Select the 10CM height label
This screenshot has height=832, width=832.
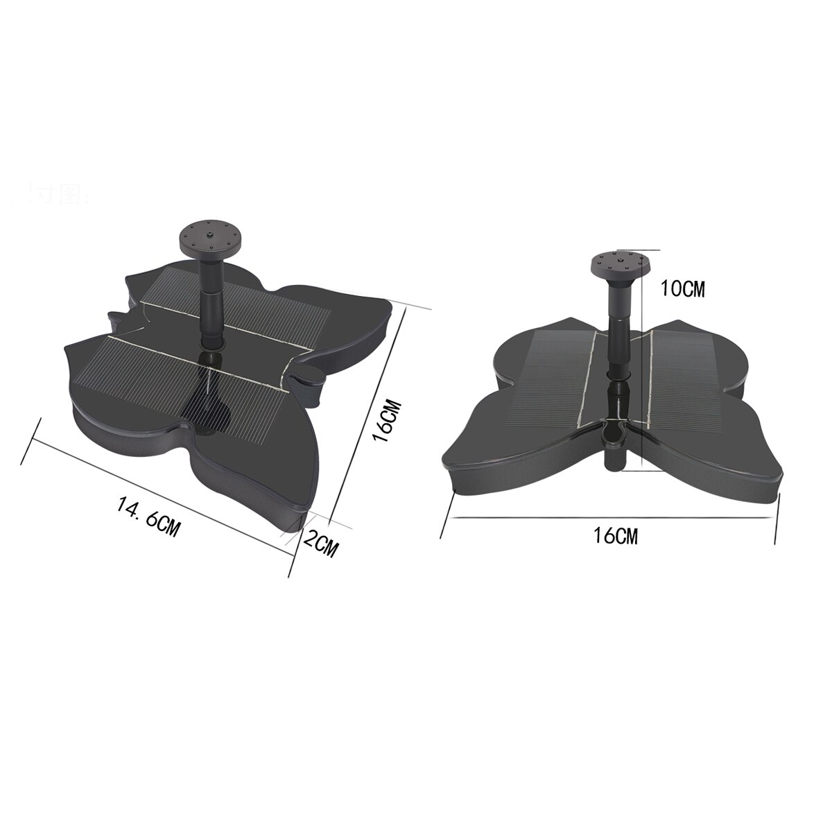[682, 289]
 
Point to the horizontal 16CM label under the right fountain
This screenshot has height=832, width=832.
[615, 536]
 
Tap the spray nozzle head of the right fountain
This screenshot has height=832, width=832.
[619, 264]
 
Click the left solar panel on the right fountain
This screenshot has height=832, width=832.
[551, 378]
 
